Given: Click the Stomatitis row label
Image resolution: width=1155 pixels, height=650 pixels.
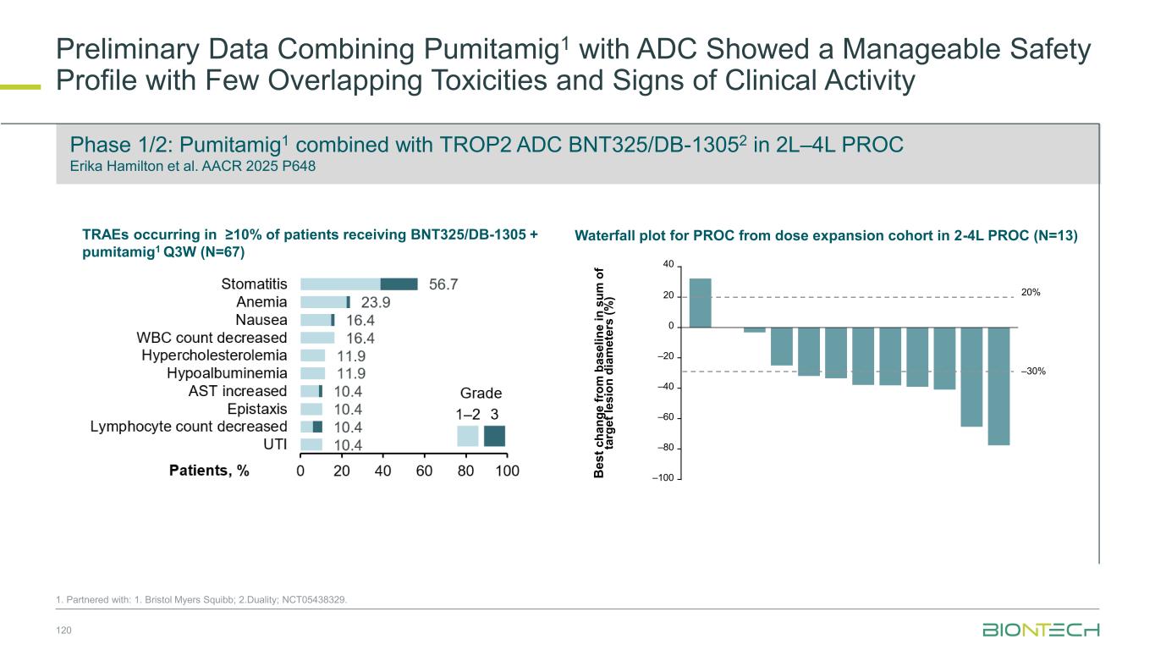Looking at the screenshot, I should click(254, 284).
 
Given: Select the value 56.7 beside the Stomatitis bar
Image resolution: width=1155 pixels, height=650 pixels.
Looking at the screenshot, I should click(444, 284).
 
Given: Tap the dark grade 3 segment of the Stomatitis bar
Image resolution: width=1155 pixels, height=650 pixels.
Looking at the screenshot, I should click(399, 284).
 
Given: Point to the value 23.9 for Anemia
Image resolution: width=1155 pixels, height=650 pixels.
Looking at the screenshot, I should click(376, 302).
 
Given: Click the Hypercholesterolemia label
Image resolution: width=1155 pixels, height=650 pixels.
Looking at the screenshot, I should click(214, 355).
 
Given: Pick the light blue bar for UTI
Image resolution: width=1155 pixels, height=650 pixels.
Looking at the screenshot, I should click(311, 444).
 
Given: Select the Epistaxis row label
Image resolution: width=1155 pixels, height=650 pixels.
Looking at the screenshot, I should click(258, 409).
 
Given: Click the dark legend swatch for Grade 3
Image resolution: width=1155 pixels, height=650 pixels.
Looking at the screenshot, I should click(494, 436).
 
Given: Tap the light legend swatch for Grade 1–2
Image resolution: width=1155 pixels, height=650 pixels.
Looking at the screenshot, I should click(468, 436).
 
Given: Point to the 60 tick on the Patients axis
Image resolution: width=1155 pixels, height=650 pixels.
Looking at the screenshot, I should click(424, 472).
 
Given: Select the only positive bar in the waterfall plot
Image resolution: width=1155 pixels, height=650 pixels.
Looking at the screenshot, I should click(701, 302).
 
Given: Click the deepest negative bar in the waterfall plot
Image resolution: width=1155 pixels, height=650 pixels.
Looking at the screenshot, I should click(998, 385).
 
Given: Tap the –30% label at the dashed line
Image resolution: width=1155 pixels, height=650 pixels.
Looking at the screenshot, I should click(1033, 372).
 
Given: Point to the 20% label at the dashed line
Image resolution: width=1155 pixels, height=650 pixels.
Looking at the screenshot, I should click(1031, 294).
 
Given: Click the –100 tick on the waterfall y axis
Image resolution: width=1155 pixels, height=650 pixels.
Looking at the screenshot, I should click(663, 479).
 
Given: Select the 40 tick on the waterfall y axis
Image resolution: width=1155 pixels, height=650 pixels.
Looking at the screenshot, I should click(668, 265).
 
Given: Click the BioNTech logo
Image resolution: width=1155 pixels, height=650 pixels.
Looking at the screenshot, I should click(1041, 630).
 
